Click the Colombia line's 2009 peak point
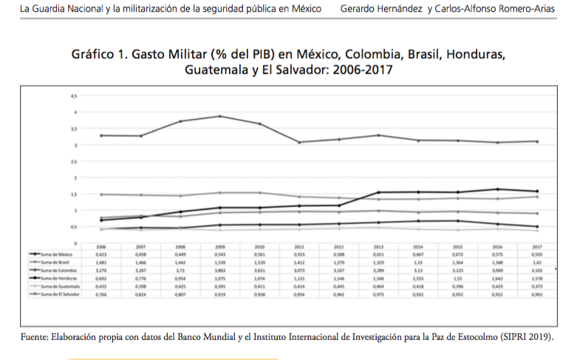coord(219,116)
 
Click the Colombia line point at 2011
coord(299,142)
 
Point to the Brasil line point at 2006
coord(100,194)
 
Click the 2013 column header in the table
coord(378,246)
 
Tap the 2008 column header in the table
coord(180,246)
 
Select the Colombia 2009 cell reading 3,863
coord(219,269)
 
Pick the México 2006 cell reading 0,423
coord(100,254)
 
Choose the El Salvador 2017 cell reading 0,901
coord(538,293)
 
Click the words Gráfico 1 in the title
coord(100,55)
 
